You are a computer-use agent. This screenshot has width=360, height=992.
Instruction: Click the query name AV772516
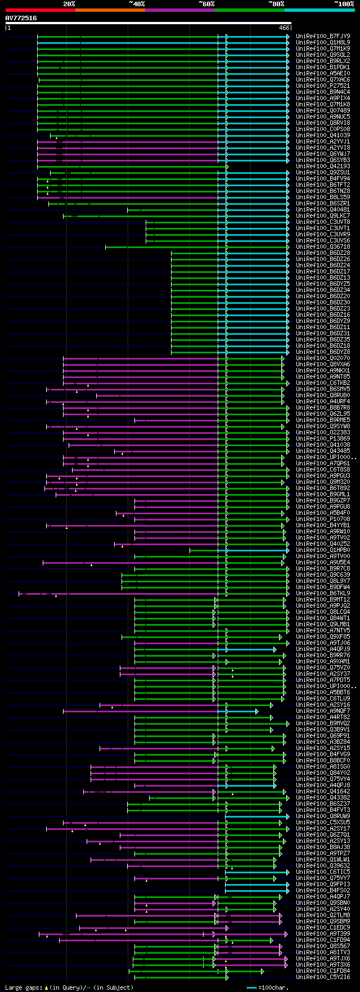21,18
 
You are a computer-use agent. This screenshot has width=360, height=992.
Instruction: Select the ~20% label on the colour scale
69,4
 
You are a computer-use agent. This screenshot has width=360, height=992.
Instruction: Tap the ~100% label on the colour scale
344,4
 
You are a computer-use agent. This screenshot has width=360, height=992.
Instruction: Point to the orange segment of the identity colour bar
110,10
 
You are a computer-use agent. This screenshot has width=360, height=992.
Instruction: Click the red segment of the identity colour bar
40,10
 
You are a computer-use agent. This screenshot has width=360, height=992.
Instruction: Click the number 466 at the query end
284,27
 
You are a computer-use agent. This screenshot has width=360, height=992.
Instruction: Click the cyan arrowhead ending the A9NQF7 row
256,711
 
